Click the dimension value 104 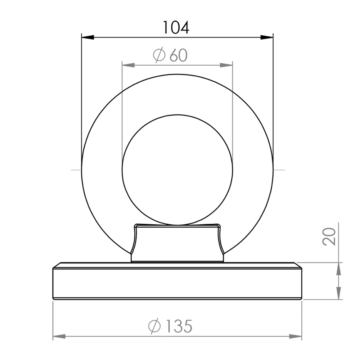(176, 28)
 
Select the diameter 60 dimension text (170, 55)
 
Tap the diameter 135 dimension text (170, 326)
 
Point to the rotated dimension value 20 (329, 237)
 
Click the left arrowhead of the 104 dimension (88, 37)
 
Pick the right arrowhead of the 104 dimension (267, 37)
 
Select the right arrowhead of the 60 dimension (226, 65)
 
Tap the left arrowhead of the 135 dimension (59, 337)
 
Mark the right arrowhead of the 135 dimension (296, 337)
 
